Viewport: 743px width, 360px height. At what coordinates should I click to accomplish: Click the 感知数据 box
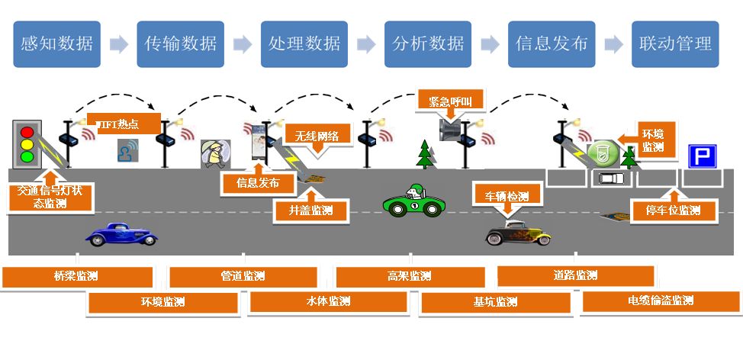point(57,43)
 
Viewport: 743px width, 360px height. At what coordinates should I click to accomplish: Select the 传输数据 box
point(181,43)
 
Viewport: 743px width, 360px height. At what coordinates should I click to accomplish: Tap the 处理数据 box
point(304,43)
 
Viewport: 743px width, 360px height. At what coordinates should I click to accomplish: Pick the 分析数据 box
point(428,43)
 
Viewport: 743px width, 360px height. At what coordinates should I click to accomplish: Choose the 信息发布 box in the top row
point(552,43)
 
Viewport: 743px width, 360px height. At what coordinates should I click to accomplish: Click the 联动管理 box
point(675,43)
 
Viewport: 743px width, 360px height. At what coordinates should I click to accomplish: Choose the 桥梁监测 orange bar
point(76,276)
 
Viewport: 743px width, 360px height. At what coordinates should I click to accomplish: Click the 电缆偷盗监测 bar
point(661,301)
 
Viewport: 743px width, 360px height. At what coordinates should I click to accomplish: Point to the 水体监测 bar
point(329,301)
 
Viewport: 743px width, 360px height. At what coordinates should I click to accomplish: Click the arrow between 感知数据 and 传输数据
point(119,44)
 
